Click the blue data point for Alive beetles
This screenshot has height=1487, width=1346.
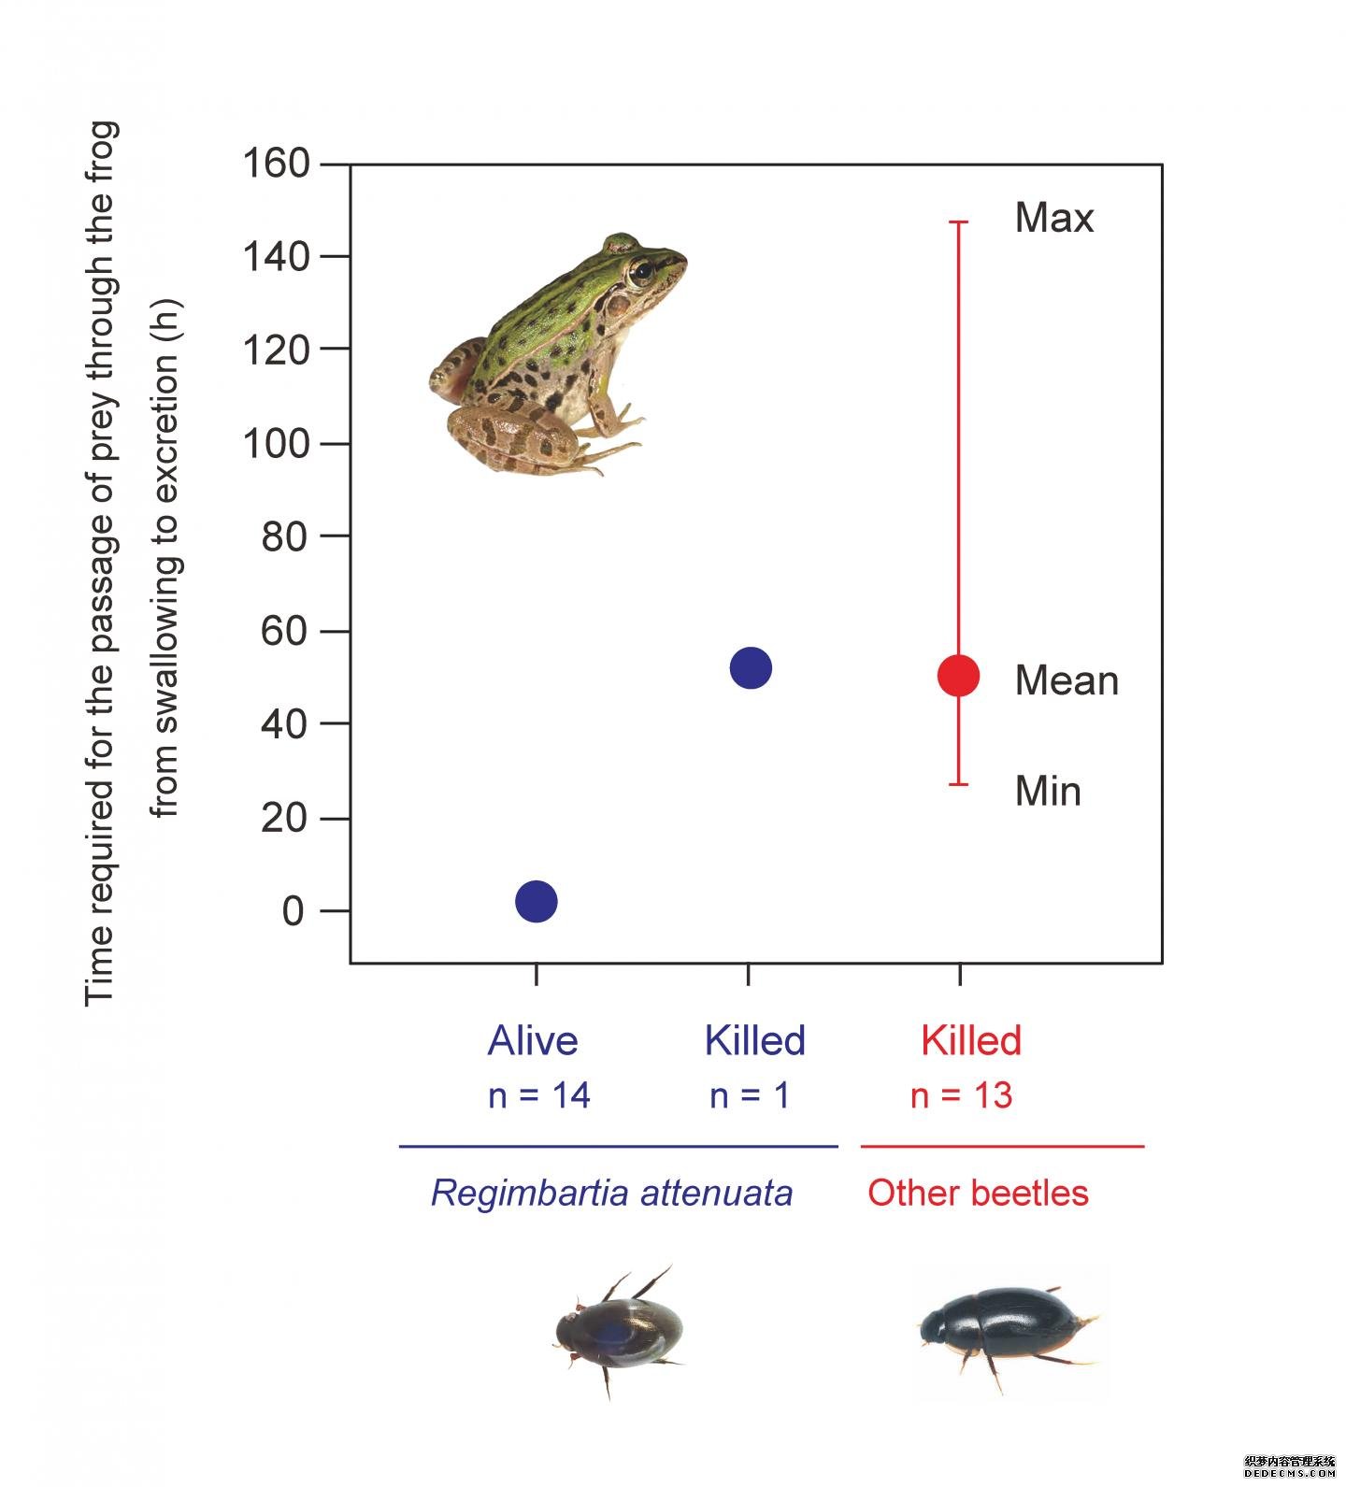[537, 901]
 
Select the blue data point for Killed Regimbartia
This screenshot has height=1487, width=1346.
[751, 667]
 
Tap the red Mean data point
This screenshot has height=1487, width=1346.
[959, 675]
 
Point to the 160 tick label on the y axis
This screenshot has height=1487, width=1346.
[276, 164]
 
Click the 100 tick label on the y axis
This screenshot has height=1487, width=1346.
[276, 443]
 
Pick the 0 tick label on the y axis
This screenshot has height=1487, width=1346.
[293, 911]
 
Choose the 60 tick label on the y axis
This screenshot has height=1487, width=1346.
[284, 631]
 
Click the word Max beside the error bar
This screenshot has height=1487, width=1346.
[1053, 218]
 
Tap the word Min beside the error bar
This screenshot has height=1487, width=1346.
[1048, 791]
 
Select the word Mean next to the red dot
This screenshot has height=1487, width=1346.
[1067, 680]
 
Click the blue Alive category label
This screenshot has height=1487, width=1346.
[533, 1040]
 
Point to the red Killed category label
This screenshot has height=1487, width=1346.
[971, 1040]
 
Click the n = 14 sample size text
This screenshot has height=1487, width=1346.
[539, 1095]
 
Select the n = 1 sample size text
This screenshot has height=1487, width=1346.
[750, 1095]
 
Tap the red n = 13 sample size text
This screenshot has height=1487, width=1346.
[962, 1095]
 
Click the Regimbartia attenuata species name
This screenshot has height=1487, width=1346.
[611, 1193]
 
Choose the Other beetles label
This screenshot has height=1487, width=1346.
[978, 1193]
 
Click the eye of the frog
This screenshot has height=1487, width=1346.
[640, 273]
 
